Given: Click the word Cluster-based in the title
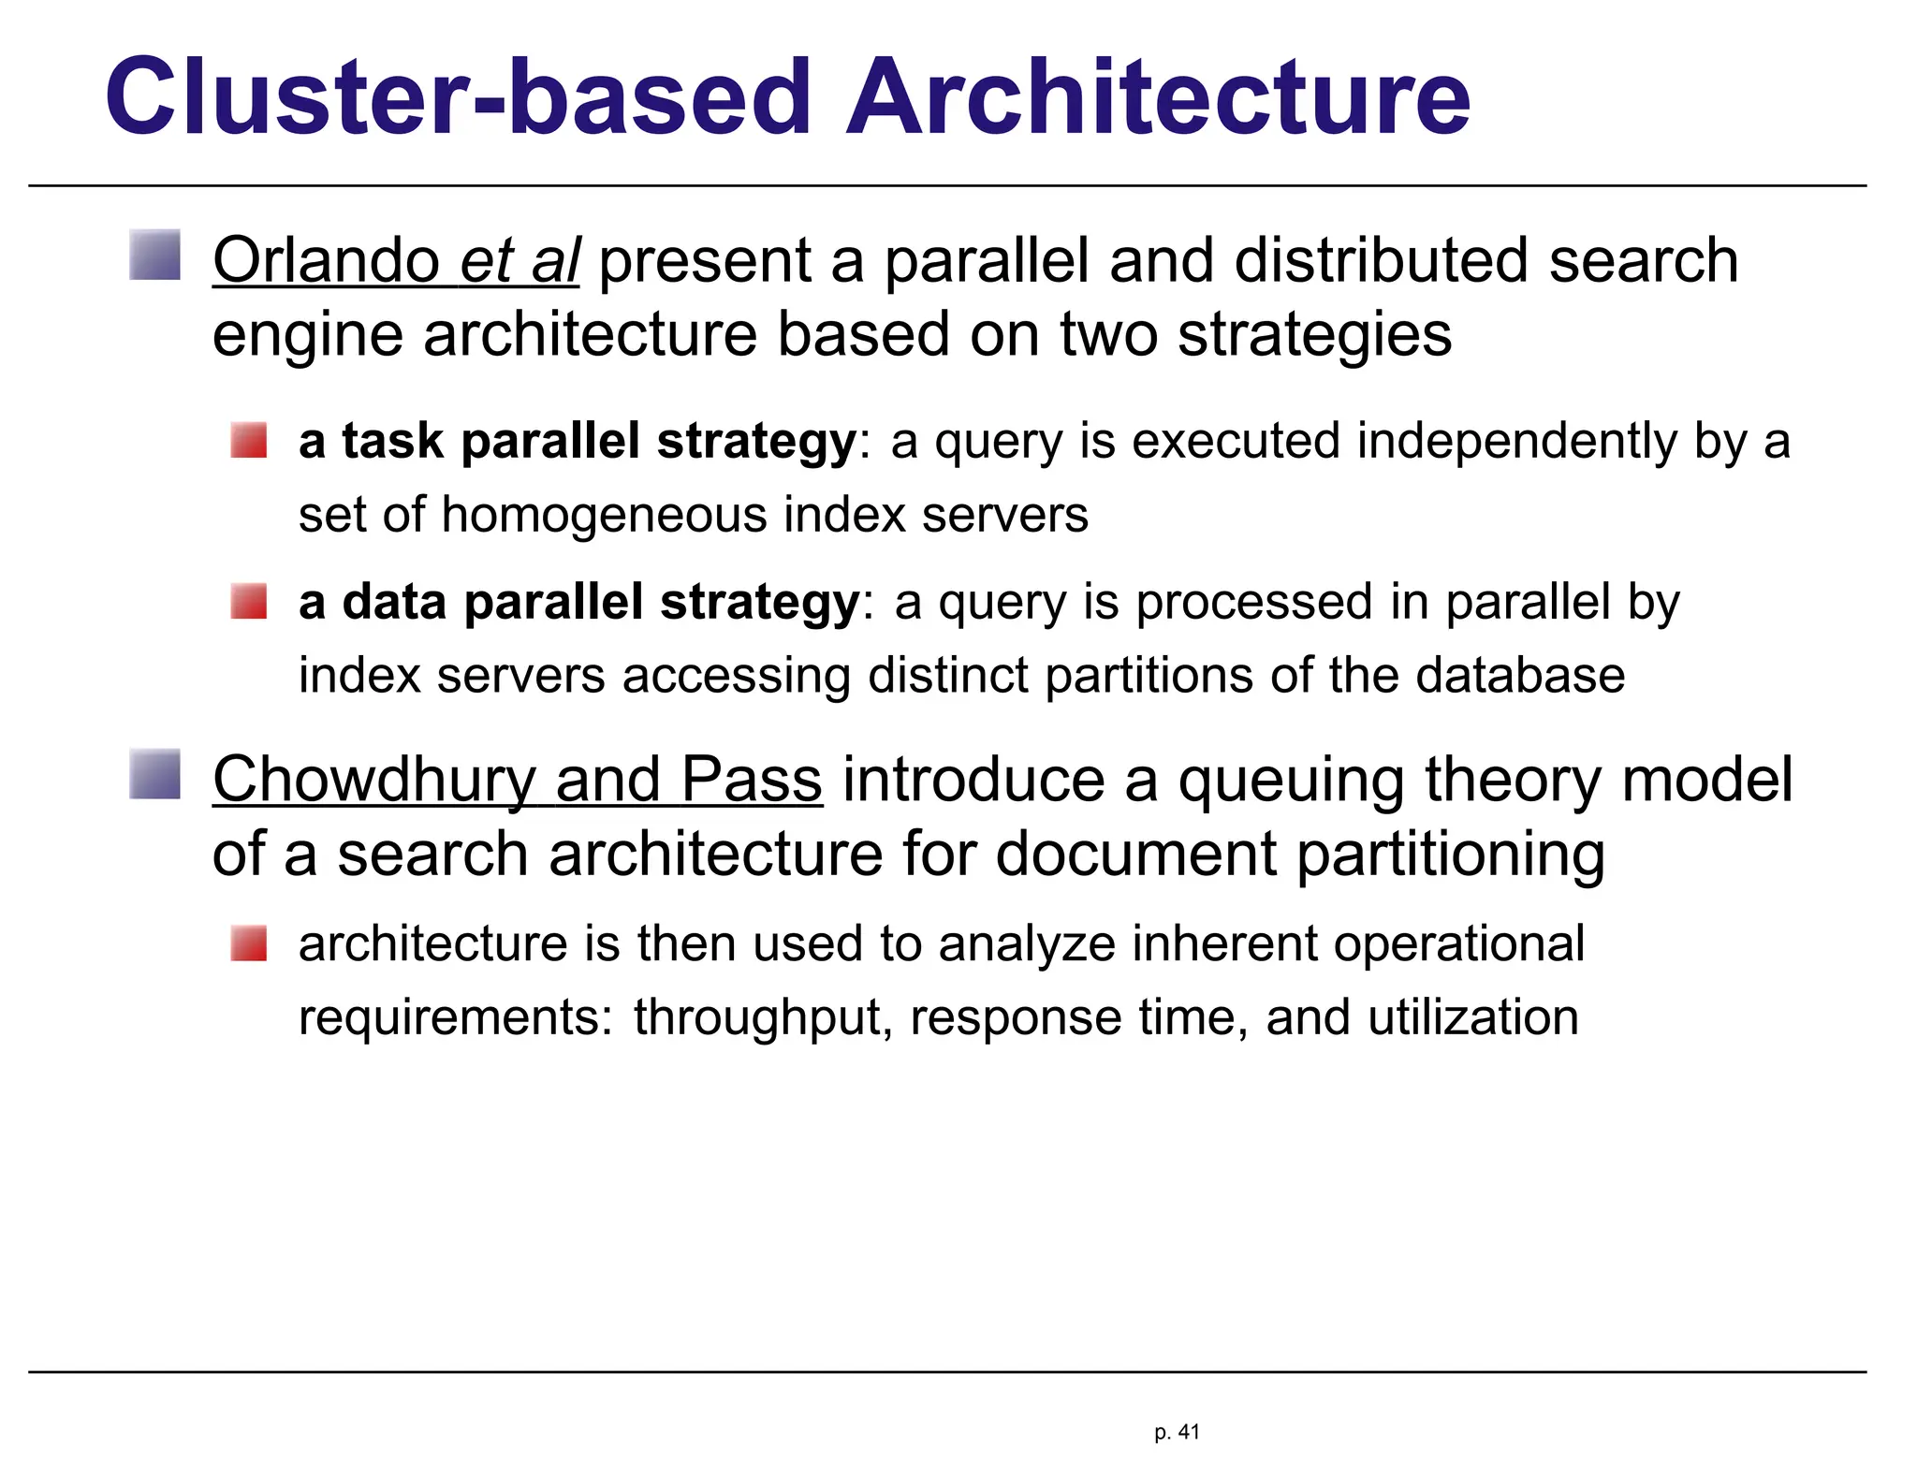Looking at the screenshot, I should pyautogui.click(x=457, y=97).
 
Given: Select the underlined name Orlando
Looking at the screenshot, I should pyautogui.click(x=326, y=260).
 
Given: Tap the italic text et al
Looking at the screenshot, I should pyautogui.click(x=519, y=260).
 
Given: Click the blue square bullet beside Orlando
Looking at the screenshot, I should pyautogui.click(x=155, y=256).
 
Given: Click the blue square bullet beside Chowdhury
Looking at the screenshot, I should pyautogui.click(x=155, y=775).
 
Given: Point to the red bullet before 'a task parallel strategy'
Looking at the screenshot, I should pyautogui.click(x=249, y=440).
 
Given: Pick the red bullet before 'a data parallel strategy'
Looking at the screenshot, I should pyautogui.click(x=249, y=601).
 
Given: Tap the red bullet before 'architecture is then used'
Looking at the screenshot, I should pyautogui.click(x=249, y=943).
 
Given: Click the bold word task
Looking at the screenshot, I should pyautogui.click(x=392, y=441).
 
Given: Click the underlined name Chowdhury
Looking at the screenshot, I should pyautogui.click(x=374, y=780).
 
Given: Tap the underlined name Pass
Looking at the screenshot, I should pyautogui.click(x=752, y=780).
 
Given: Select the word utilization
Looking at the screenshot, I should pyautogui.click(x=1473, y=1017).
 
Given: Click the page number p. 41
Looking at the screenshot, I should pyautogui.click(x=1177, y=1432).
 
